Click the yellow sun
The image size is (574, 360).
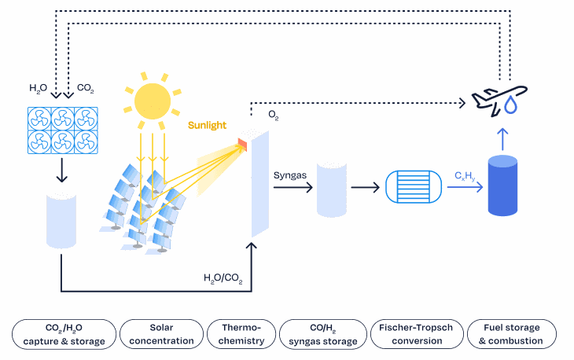click(153, 101)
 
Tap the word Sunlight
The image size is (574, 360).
click(208, 126)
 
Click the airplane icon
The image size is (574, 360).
click(499, 101)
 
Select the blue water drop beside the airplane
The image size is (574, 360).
click(510, 105)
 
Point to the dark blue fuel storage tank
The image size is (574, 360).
click(502, 186)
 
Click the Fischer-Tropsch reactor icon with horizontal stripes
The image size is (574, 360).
click(414, 186)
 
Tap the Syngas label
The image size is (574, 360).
click(290, 175)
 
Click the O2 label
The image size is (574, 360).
click(274, 116)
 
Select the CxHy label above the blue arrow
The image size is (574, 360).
click(465, 176)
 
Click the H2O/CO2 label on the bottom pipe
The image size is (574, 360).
click(223, 278)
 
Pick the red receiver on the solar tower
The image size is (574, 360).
click(242, 145)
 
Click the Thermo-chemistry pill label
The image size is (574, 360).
click(241, 334)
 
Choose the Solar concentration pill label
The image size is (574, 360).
click(161, 334)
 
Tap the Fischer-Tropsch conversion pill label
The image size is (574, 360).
click(417, 334)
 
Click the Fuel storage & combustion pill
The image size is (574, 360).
click(512, 334)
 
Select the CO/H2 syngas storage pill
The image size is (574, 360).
click(323, 334)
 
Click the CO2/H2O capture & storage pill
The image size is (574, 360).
click(64, 334)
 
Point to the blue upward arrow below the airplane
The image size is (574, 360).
click(502, 139)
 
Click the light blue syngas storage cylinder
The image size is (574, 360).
click(332, 189)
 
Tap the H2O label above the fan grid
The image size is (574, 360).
click(38, 88)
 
